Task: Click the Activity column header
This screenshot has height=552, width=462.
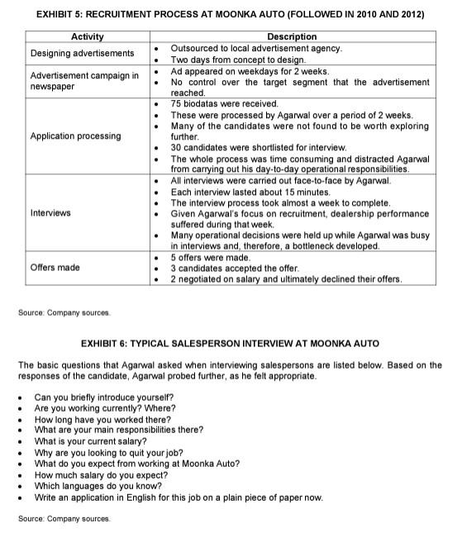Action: point(88,36)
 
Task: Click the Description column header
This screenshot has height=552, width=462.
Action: point(291,36)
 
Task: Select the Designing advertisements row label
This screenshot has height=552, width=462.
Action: point(82,54)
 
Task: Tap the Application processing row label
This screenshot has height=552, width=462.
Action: point(75,136)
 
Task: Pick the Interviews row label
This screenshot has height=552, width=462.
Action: point(50,213)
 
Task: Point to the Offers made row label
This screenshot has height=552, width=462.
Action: point(55,268)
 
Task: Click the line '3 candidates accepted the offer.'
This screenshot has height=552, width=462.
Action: point(234,268)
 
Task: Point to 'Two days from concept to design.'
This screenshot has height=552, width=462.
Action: point(237,59)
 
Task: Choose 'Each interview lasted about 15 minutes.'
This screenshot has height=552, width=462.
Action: point(249,192)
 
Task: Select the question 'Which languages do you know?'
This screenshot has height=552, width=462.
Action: point(93,486)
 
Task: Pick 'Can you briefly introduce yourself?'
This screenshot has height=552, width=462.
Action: point(104,397)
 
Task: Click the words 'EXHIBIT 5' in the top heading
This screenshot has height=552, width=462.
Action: point(62,15)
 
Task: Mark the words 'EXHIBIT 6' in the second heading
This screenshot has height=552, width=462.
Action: point(107,342)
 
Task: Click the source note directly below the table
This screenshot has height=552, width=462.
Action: point(64,312)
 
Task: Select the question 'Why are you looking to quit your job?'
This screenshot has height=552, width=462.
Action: point(108,453)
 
